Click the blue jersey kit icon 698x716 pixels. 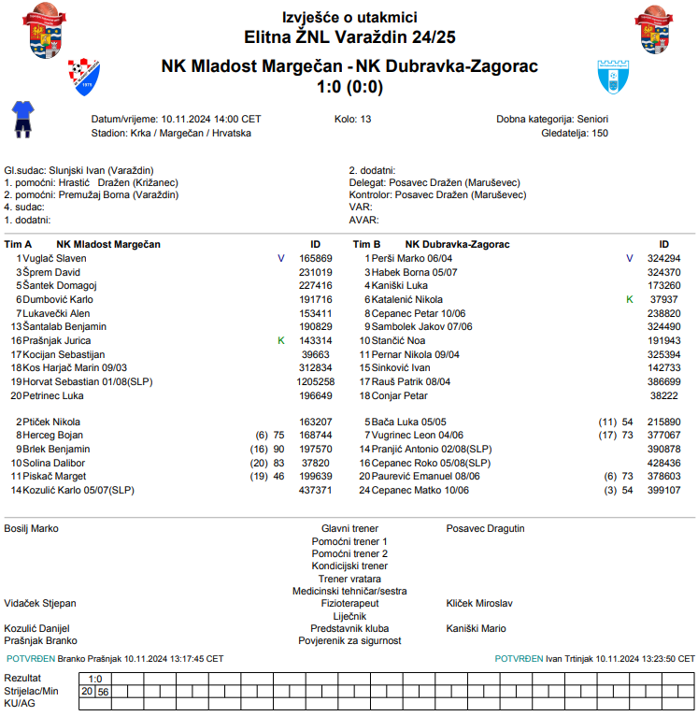coord(21,119)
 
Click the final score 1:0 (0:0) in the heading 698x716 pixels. coord(349,88)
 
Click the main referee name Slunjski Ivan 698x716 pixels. coord(77,170)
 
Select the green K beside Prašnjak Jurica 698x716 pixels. coord(280,340)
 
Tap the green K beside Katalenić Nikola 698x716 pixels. coord(629,299)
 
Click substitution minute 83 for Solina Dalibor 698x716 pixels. coord(278,463)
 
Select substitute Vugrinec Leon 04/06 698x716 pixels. coord(418,435)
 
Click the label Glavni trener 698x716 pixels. coord(349,529)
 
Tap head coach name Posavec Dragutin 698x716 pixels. coord(485,529)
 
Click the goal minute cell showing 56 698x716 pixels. coord(103,692)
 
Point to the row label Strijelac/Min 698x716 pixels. coord(31,692)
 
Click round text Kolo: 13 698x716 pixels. coord(352,120)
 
